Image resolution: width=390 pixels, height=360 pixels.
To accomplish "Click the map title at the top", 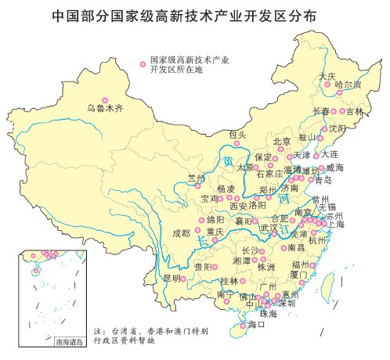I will click(195, 15).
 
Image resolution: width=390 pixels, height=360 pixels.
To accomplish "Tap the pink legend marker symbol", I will click(141, 59).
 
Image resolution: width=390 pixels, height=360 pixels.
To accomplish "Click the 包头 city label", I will click(237, 135).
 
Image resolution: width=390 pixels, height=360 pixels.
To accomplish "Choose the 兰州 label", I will click(196, 178).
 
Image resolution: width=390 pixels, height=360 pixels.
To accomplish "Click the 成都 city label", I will click(181, 232).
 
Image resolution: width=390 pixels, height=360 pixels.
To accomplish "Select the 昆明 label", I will click(172, 277).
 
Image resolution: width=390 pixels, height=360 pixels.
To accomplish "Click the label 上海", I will click(335, 224).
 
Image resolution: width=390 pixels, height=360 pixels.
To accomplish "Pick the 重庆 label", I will click(215, 232).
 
